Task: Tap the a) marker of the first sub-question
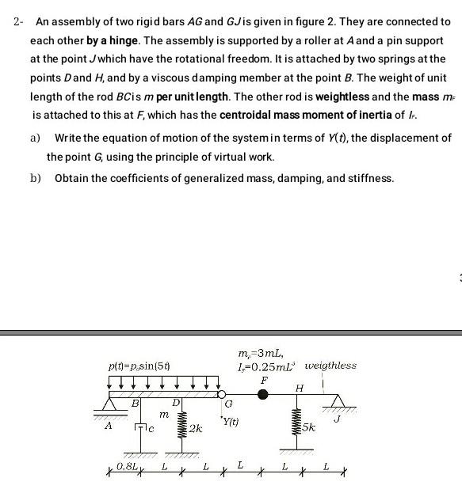pyautogui.click(x=35, y=138)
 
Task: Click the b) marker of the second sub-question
pyautogui.click(x=35, y=178)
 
